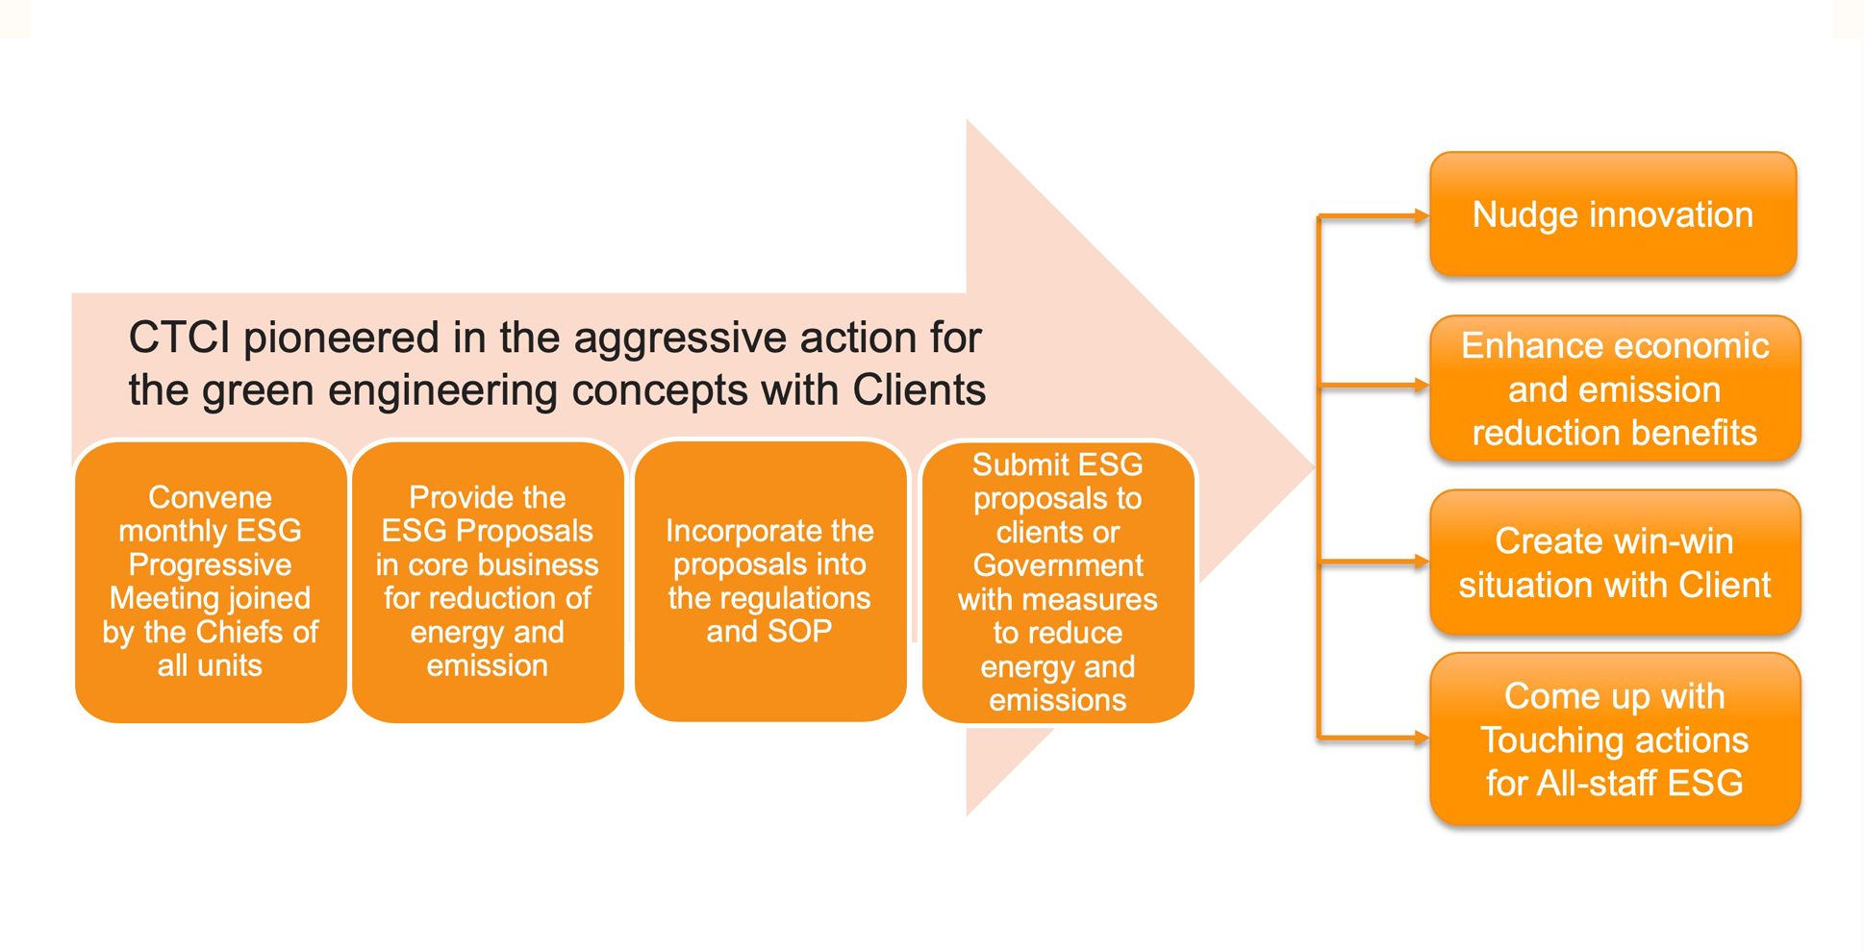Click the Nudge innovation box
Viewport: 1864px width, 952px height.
tap(1613, 214)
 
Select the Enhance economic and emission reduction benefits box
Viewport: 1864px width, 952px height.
tap(1615, 388)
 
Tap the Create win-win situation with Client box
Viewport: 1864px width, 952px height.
tap(1615, 563)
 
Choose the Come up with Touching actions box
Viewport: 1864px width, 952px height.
tap(1615, 739)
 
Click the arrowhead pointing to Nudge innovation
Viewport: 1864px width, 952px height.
tap(1422, 216)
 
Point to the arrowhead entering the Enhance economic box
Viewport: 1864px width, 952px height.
tap(1422, 386)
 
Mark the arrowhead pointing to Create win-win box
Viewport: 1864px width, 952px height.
tap(1422, 562)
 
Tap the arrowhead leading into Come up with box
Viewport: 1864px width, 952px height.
tap(1422, 738)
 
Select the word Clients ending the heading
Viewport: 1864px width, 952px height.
tap(919, 390)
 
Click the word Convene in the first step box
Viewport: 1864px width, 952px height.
tap(210, 497)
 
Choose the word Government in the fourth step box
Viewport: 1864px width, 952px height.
tap(1058, 564)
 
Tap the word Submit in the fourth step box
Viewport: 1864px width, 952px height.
tap(1015, 464)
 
